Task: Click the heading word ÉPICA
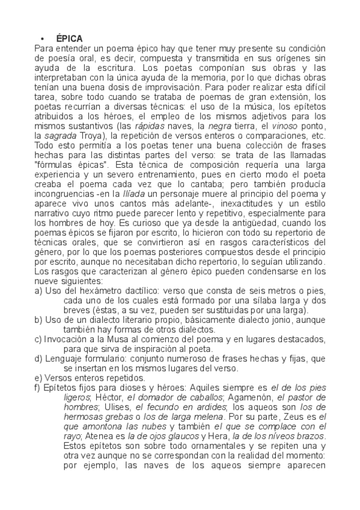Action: pyautogui.click(x=69, y=38)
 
